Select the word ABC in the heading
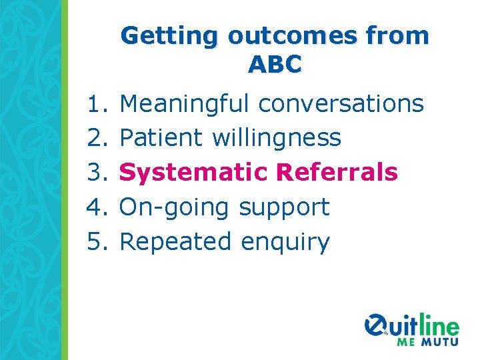(275, 65)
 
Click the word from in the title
(399, 36)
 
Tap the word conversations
(340, 104)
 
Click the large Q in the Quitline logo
(378, 326)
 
